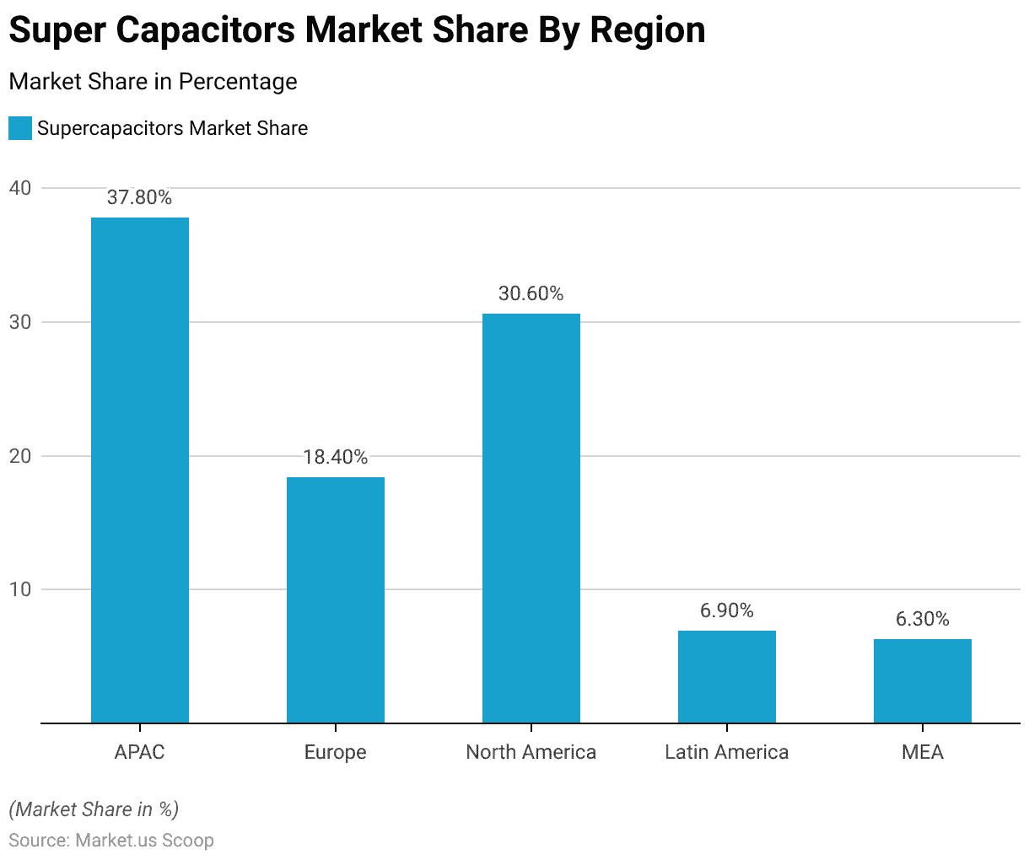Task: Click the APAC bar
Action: [140, 470]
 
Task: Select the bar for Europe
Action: [336, 599]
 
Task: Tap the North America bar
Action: [531, 518]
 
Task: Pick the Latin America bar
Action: [727, 676]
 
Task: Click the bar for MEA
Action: [923, 680]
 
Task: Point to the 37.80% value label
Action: [140, 198]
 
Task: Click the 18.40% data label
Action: [336, 457]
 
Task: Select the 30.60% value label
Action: [531, 293]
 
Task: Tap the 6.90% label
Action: [727, 610]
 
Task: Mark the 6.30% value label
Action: [923, 619]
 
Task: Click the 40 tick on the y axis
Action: [20, 188]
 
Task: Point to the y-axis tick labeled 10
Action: [20, 589]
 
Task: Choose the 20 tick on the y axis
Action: [20, 456]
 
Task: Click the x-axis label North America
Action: [531, 752]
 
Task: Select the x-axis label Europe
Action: [336, 752]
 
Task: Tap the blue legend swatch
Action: [20, 128]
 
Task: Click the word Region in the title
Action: [648, 31]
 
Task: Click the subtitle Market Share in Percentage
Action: [153, 82]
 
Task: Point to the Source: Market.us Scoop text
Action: [111, 841]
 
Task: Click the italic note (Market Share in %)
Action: [94, 809]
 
